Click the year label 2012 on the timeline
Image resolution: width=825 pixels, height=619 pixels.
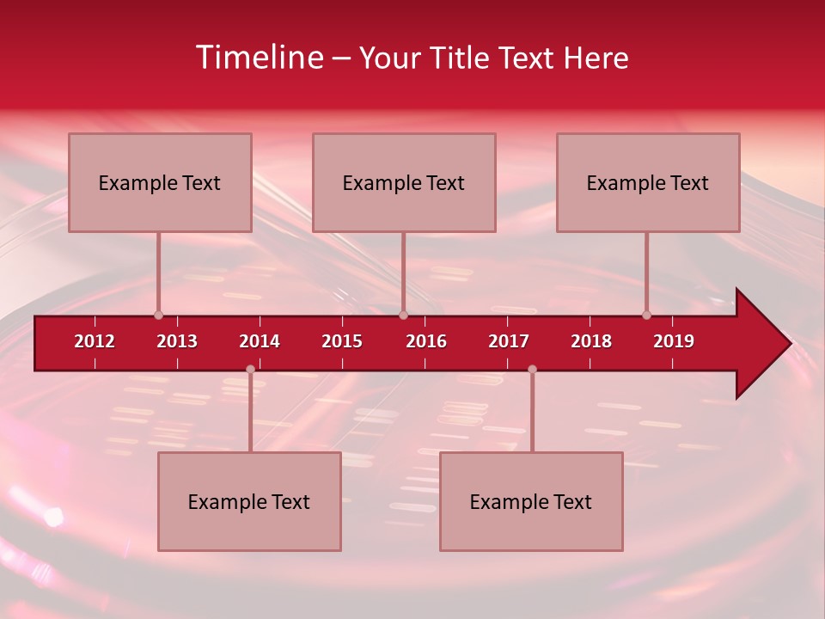pos(95,341)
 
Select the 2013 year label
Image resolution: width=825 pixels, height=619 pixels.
pos(177,341)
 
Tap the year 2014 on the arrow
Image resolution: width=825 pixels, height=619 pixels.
pos(260,341)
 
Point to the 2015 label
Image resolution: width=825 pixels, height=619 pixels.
pos(342,341)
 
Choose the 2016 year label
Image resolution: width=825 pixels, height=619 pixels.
pos(426,341)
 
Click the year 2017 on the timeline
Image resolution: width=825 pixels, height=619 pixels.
pos(509,341)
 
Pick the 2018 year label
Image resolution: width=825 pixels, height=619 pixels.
pos(591,341)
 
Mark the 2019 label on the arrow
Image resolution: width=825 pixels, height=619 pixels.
pos(674,341)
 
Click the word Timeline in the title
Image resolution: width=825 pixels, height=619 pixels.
pos(258,58)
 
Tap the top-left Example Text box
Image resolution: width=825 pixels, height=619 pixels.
pos(160,182)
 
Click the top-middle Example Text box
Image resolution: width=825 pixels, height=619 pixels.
pos(404,182)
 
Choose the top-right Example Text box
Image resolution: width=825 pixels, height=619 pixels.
pos(648,182)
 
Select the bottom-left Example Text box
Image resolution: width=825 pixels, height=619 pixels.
pos(249,501)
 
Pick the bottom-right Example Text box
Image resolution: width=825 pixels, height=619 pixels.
pos(531,501)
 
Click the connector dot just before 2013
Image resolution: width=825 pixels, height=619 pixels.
pos(159,316)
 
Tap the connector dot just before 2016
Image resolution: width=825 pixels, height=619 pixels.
pos(404,316)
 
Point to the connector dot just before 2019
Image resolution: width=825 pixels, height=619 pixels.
pos(647,316)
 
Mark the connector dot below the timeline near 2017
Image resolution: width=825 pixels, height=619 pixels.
pos(532,370)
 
